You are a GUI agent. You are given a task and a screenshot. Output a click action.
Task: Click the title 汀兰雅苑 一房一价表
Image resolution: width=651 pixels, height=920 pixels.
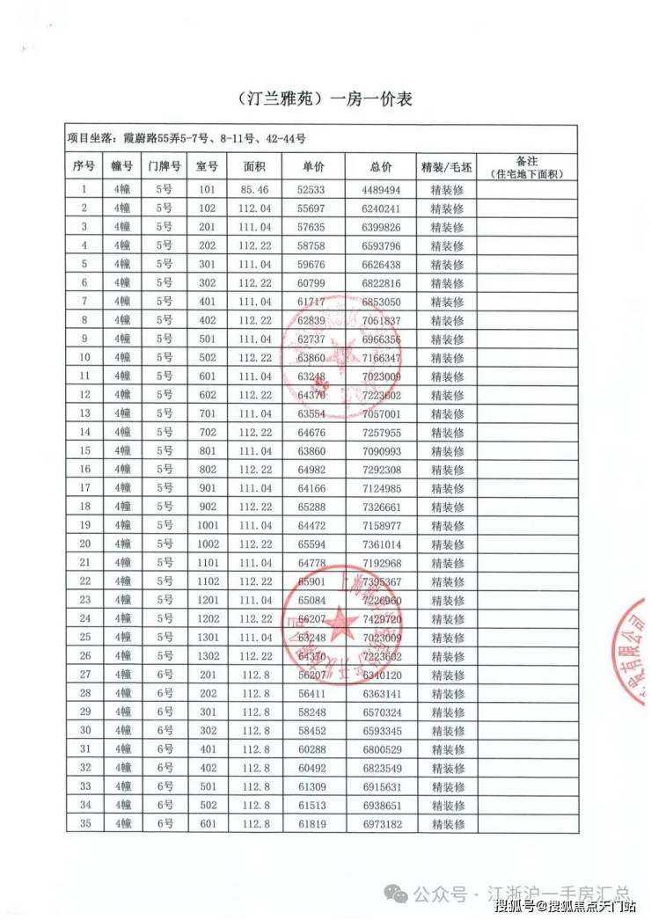[325, 99]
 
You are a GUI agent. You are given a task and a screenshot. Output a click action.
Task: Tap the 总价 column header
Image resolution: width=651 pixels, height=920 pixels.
[381, 166]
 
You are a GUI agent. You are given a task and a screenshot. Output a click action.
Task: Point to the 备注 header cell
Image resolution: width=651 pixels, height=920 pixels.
[527, 166]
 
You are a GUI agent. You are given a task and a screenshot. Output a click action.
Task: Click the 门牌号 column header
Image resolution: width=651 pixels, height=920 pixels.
[165, 166]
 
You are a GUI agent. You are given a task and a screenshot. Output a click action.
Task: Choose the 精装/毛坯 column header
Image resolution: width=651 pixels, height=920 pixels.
[447, 166]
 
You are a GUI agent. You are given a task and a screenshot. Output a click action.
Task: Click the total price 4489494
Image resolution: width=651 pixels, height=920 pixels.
[381, 189]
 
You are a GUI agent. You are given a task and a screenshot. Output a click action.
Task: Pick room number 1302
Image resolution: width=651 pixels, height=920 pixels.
[208, 655]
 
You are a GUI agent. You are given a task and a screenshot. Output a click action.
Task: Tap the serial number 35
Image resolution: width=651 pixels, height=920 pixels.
[85, 823]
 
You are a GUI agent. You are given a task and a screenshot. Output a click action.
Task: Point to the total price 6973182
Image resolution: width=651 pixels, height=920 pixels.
[381, 823]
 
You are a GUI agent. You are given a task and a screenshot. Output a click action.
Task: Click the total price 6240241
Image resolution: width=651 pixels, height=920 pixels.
[381, 208]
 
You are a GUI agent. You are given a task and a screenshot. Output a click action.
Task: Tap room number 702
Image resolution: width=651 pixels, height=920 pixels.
[208, 432]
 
